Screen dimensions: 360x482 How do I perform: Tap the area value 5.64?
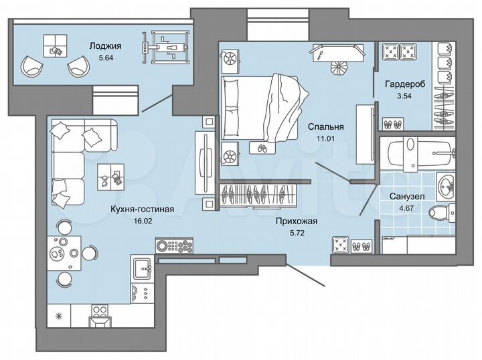pos(104,58)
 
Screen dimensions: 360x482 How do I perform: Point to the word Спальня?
pos(325,126)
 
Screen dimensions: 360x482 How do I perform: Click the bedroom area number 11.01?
pos(325,138)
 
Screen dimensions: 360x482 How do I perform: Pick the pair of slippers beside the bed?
pos(260,147)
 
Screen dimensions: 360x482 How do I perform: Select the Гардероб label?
pos(403,85)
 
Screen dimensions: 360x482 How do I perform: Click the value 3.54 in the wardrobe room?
pos(402,97)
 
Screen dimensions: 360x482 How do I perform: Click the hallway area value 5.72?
pos(295,233)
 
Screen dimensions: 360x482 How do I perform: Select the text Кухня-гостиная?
pos(143,209)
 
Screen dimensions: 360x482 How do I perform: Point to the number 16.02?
pos(143,220)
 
